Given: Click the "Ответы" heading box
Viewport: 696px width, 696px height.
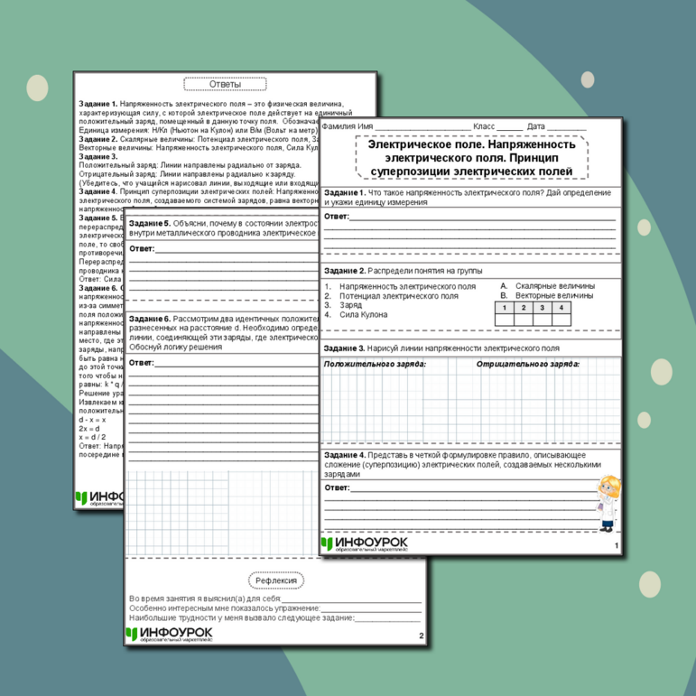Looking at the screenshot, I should tap(225, 84).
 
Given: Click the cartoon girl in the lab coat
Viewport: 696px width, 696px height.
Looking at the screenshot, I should tap(608, 502).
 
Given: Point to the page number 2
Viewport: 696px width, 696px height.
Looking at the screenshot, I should tap(421, 636).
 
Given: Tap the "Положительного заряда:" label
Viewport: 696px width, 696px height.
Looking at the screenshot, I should tap(374, 365).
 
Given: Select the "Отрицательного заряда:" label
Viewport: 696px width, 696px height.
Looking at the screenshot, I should tap(528, 365).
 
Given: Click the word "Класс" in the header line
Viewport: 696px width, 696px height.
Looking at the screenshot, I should tap(485, 126).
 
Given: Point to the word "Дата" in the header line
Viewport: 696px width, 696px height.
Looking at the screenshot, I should tap(536, 126).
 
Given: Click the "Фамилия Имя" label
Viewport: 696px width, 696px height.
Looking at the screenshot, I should tap(348, 126).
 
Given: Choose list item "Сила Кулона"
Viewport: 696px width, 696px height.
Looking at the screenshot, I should tap(363, 314).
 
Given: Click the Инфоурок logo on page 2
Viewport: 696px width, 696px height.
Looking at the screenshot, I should tap(170, 635).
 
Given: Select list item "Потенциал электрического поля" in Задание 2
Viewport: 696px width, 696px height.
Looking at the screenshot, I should tap(398, 295).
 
